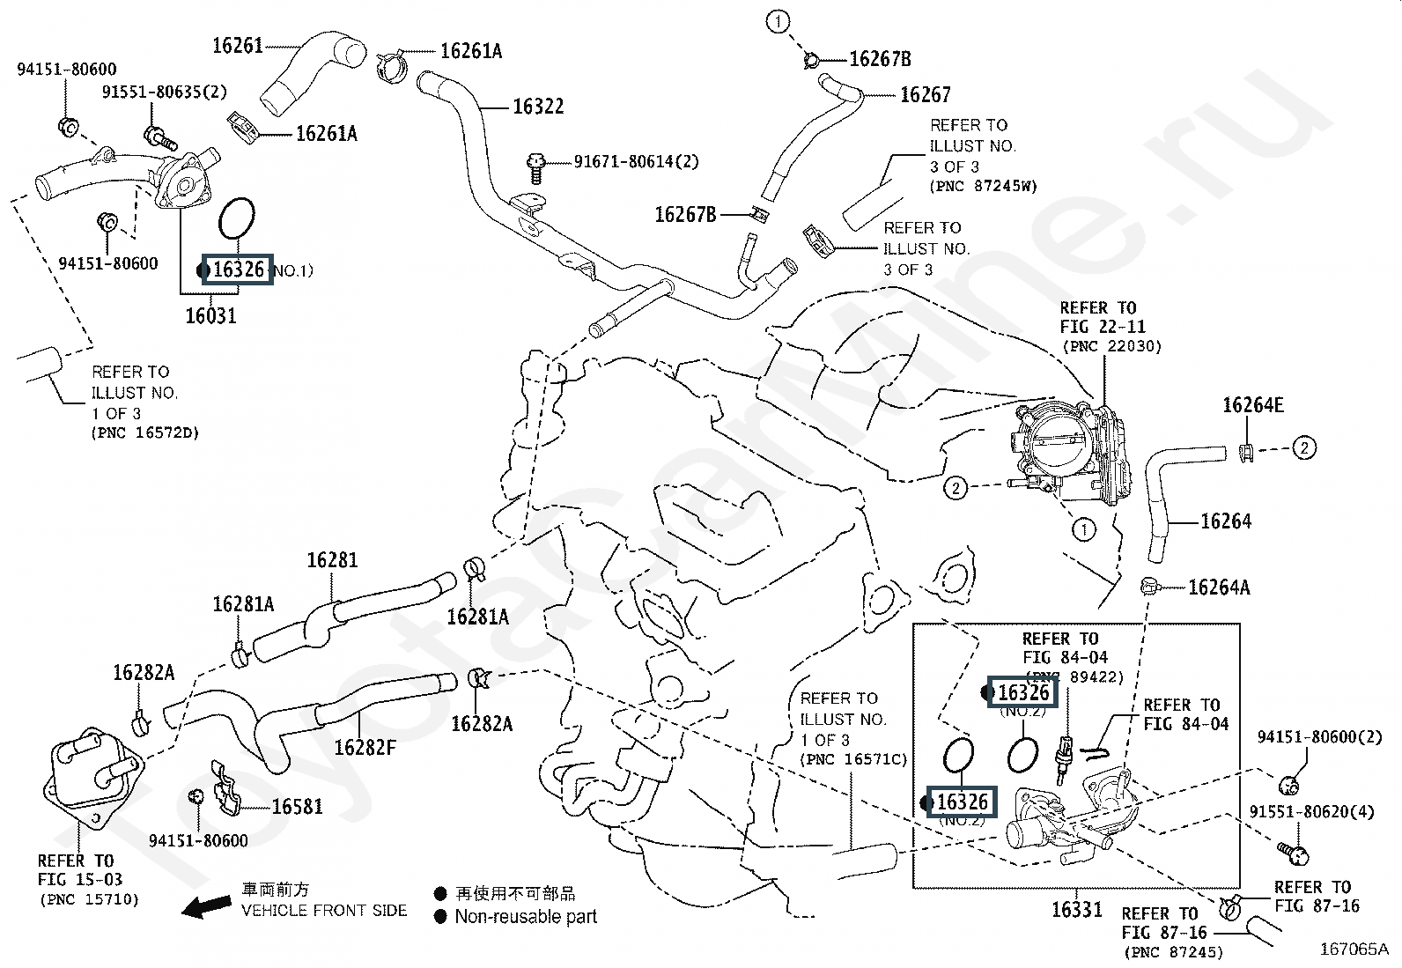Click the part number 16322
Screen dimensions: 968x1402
[538, 107]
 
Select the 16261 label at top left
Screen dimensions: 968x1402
[238, 45]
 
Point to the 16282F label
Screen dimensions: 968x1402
[365, 748]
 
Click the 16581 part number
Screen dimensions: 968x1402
[297, 806]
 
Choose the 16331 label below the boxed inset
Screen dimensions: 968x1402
[1077, 909]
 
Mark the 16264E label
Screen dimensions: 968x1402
[1252, 405]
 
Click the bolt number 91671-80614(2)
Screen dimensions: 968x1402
[636, 162]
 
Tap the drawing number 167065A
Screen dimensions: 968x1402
[1354, 949]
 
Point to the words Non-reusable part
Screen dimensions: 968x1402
[526, 917]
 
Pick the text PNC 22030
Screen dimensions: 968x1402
[1111, 347]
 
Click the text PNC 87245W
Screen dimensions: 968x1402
[983, 187]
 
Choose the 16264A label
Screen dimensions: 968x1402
[1219, 587]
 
